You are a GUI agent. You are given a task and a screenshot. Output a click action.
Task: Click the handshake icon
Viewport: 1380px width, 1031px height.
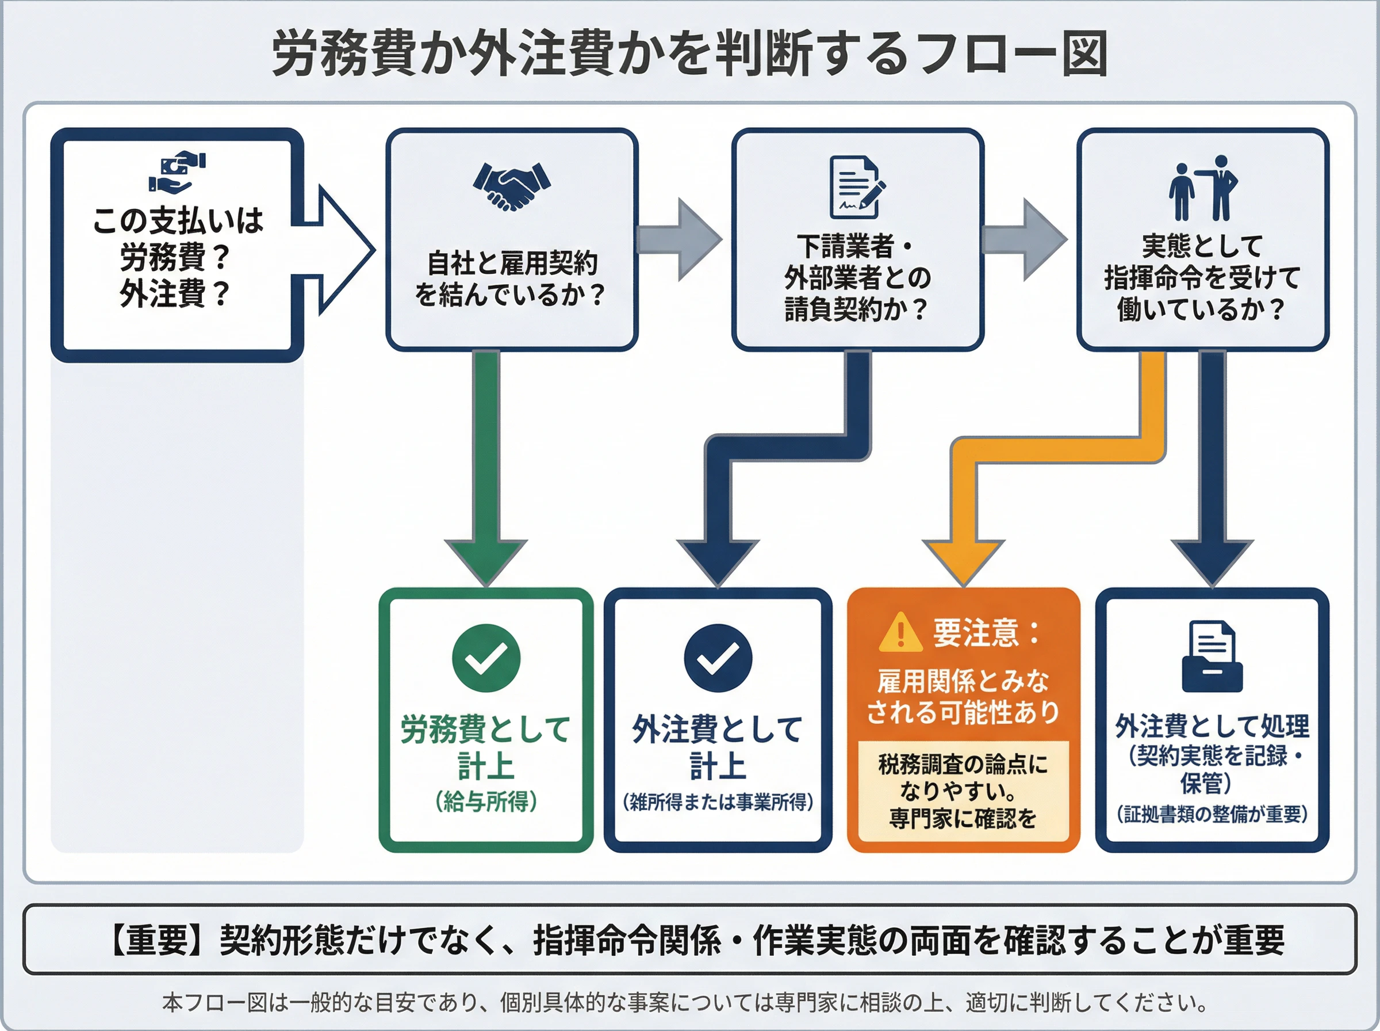pos(511,186)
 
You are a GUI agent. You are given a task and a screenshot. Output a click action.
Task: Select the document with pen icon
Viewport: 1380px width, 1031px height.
pos(857,186)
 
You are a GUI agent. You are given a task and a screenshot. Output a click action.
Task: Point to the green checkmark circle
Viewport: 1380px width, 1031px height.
pos(486,658)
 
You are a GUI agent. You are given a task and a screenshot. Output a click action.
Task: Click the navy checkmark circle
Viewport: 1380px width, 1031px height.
pos(718,658)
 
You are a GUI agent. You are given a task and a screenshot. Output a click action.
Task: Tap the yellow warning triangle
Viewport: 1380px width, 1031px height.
pos(900,632)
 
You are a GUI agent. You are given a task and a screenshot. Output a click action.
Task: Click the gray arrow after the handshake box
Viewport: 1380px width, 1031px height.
pos(680,239)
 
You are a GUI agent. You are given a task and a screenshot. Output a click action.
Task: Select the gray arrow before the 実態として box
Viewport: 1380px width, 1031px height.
pos(1025,239)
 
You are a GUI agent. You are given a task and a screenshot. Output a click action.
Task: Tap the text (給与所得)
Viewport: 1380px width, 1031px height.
pos(486,801)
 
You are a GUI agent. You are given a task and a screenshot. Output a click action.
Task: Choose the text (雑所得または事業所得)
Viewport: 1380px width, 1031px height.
pos(718,802)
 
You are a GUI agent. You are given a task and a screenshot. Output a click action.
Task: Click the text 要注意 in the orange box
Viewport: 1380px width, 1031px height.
pos(976,632)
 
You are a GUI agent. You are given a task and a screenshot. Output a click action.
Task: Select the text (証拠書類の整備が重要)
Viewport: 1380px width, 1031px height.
pos(1212,814)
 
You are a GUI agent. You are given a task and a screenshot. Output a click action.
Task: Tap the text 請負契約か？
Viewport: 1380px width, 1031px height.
pos(857,310)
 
